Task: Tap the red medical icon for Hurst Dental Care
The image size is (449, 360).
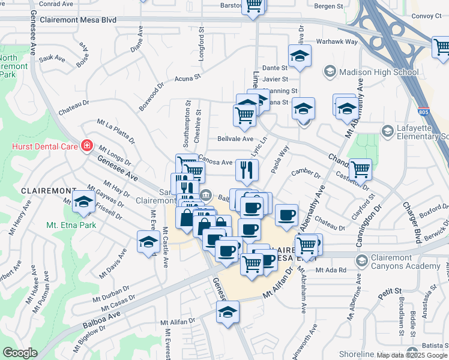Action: coord(86,145)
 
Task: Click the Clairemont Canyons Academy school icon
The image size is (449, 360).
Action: coord(361,260)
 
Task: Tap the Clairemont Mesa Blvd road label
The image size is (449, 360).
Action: coord(77,20)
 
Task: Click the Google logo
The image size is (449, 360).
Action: coord(20,353)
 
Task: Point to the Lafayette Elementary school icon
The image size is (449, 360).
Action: coord(388,130)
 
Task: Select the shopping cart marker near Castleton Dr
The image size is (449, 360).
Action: coord(360,169)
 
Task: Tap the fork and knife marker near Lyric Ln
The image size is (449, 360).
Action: coord(247,170)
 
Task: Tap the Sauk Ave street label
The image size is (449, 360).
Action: coord(52,58)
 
